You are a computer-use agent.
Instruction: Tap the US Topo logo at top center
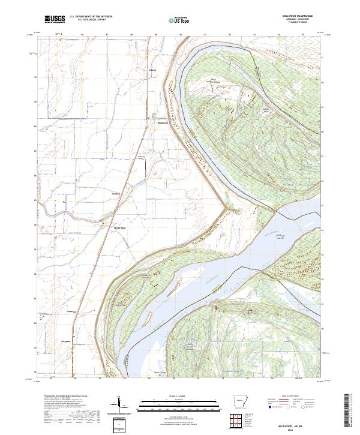point(181,20)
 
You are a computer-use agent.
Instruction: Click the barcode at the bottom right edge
point(350,410)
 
